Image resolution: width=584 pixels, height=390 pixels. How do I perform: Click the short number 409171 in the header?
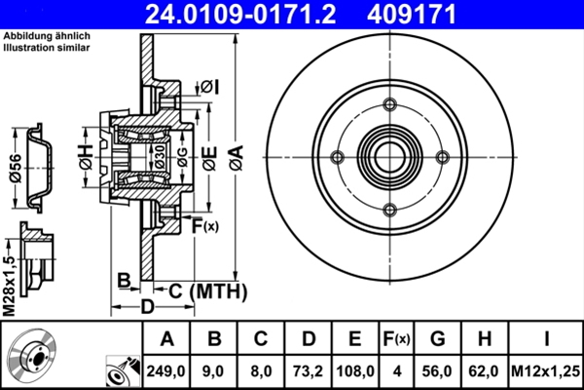[440, 15]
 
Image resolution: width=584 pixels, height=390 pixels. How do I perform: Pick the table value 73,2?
[309, 370]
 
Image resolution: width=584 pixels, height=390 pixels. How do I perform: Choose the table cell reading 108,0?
[355, 370]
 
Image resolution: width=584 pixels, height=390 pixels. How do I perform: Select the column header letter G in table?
[438, 339]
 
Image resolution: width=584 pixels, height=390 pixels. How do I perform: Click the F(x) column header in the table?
[397, 339]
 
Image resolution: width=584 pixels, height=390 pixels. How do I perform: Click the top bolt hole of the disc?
[390, 105]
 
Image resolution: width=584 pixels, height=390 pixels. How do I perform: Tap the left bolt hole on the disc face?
[338, 158]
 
